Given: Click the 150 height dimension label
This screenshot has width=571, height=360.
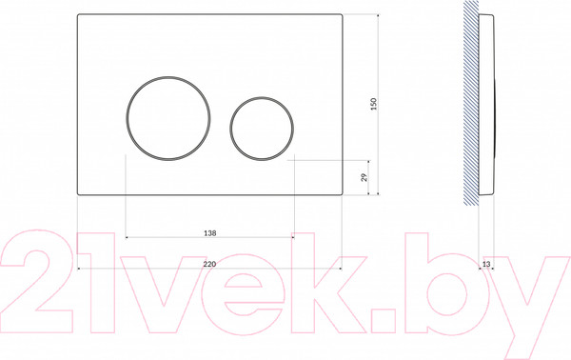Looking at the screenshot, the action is click(374, 104).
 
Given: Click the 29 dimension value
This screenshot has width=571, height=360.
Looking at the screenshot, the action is click(364, 177).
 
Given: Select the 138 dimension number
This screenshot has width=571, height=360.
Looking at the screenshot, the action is click(209, 232).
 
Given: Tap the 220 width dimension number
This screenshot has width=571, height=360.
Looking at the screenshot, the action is click(209, 264).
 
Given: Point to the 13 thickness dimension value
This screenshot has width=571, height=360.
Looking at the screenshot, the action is click(486, 264).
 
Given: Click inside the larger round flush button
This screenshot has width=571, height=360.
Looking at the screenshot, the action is click(168, 118).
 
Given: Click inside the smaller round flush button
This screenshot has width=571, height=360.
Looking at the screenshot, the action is click(262, 129).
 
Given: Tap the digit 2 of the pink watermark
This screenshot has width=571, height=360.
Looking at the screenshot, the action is click(36, 281).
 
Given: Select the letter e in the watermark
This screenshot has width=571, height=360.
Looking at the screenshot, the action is click(243, 293).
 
